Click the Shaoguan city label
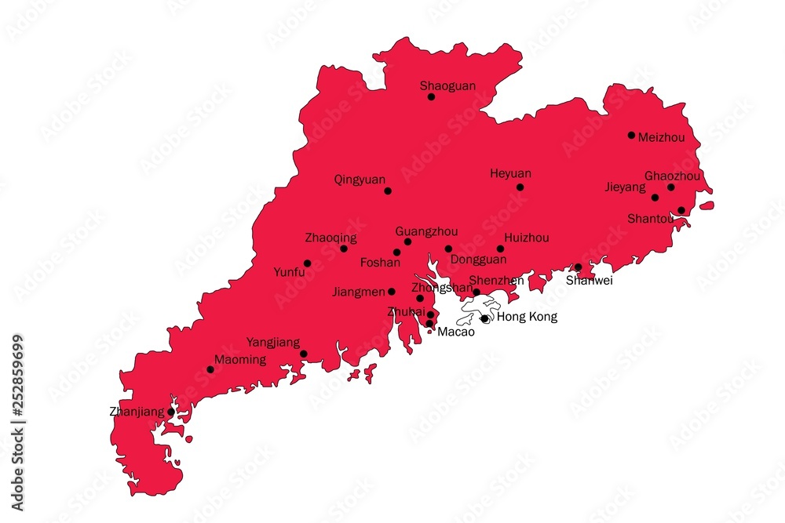click(x=447, y=85)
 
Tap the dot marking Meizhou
click(x=631, y=135)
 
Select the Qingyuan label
click(x=360, y=179)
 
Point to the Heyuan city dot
click(x=520, y=187)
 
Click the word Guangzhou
click(x=426, y=231)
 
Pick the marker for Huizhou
click(x=500, y=249)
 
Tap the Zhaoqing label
click(x=330, y=237)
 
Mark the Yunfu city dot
click(x=307, y=263)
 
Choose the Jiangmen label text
click(x=359, y=292)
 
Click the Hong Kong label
click(x=527, y=317)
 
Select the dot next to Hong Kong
click(x=484, y=318)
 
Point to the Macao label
click(x=456, y=332)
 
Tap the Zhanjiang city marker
click(x=171, y=411)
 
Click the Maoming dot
click(x=210, y=369)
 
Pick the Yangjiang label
click(x=273, y=342)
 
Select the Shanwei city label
click(x=589, y=280)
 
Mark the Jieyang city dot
click(x=655, y=197)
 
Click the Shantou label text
click(x=650, y=218)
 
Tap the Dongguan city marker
click(x=448, y=249)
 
